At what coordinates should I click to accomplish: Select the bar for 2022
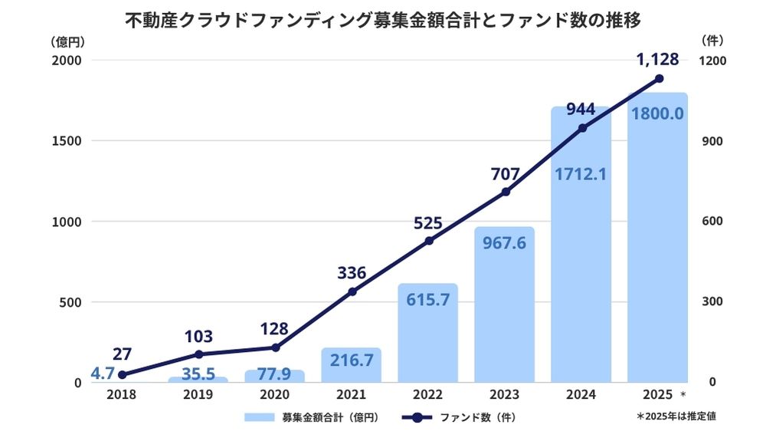(427, 337)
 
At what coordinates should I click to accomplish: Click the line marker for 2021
(352, 291)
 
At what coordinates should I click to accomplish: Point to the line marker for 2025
(659, 78)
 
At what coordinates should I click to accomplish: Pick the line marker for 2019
(198, 354)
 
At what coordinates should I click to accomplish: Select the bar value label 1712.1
(581, 174)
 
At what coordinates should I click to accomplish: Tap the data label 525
(429, 223)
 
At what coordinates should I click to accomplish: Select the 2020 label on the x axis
(275, 395)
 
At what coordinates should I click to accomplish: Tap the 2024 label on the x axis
(581, 395)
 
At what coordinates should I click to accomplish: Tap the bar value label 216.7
(352, 359)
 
